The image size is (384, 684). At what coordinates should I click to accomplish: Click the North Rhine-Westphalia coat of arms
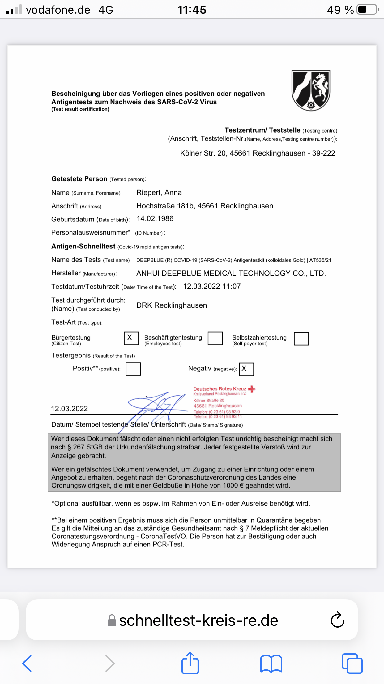(311, 90)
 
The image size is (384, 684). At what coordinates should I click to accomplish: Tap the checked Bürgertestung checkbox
(131, 338)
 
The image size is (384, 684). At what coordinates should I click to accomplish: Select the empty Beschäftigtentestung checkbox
(215, 338)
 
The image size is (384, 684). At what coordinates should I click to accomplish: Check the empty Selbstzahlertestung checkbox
(301, 339)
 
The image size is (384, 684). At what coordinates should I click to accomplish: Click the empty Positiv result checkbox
(133, 369)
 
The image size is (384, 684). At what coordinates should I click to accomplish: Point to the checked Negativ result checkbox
(246, 369)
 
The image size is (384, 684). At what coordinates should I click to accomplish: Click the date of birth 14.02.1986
(155, 219)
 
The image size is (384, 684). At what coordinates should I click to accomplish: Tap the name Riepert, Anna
(159, 193)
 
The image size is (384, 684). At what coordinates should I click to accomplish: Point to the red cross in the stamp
(252, 389)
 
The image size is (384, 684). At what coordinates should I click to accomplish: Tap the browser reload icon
(337, 620)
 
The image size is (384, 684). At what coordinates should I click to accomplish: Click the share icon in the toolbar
(190, 663)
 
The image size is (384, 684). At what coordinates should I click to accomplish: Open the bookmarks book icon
(271, 664)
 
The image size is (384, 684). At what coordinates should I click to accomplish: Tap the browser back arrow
(27, 664)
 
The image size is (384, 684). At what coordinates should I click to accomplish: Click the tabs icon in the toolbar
(352, 664)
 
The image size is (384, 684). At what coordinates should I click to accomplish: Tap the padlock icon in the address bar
(112, 620)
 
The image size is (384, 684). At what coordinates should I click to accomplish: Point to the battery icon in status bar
(367, 10)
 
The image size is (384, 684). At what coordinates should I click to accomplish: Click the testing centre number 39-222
(323, 153)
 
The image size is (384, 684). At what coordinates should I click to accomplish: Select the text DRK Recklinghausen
(172, 305)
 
